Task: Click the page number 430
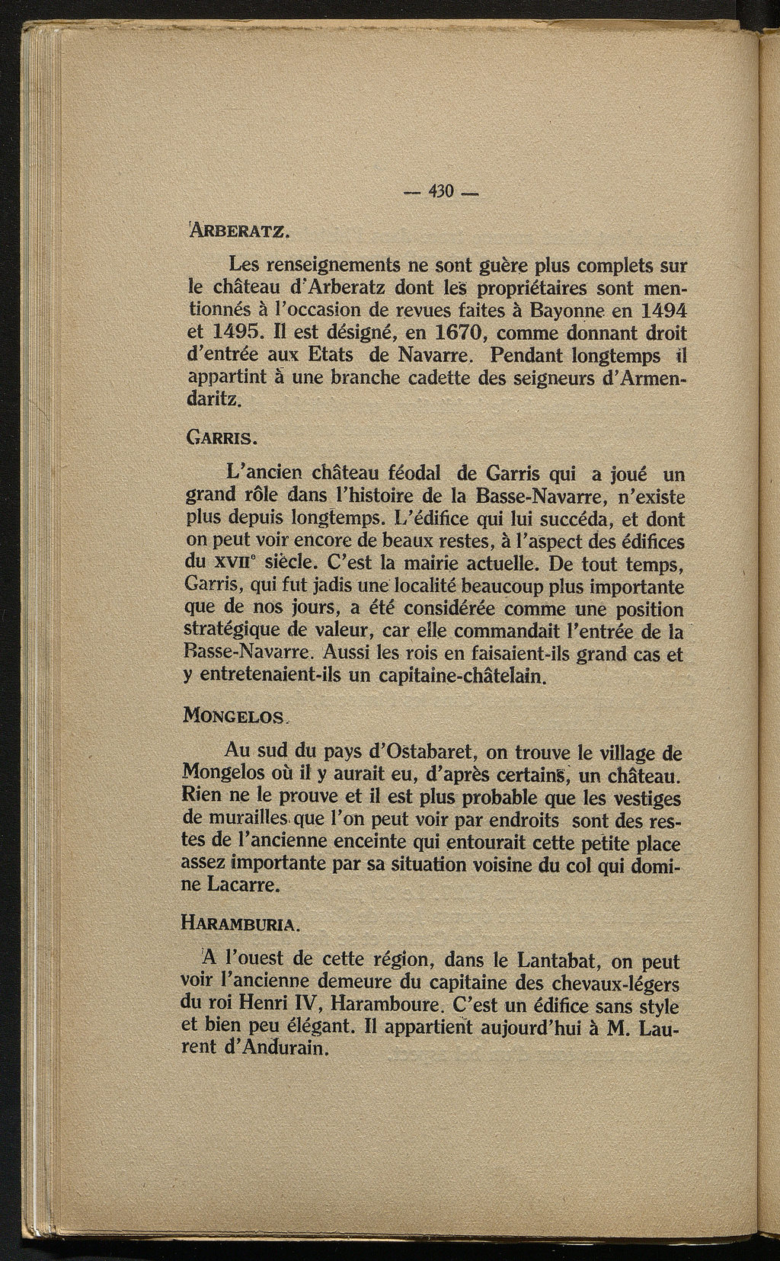tap(440, 191)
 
